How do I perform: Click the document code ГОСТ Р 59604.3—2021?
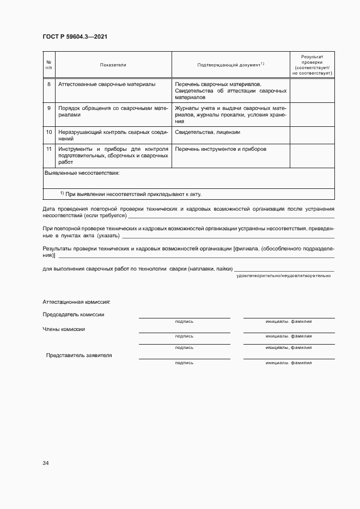78,37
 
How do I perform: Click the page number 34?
46,463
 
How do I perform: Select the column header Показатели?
113,65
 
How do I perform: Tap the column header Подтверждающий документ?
230,65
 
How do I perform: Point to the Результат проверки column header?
312,64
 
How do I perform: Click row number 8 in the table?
49,84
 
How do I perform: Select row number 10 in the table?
49,132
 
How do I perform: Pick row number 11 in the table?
49,149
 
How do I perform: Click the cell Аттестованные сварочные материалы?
107,84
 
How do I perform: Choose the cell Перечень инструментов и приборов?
221,149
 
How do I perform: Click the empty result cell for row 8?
312,91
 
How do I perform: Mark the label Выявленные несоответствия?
82,173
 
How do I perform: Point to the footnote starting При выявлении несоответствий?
134,194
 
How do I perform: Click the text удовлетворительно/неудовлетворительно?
283,276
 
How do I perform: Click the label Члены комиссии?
64,329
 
